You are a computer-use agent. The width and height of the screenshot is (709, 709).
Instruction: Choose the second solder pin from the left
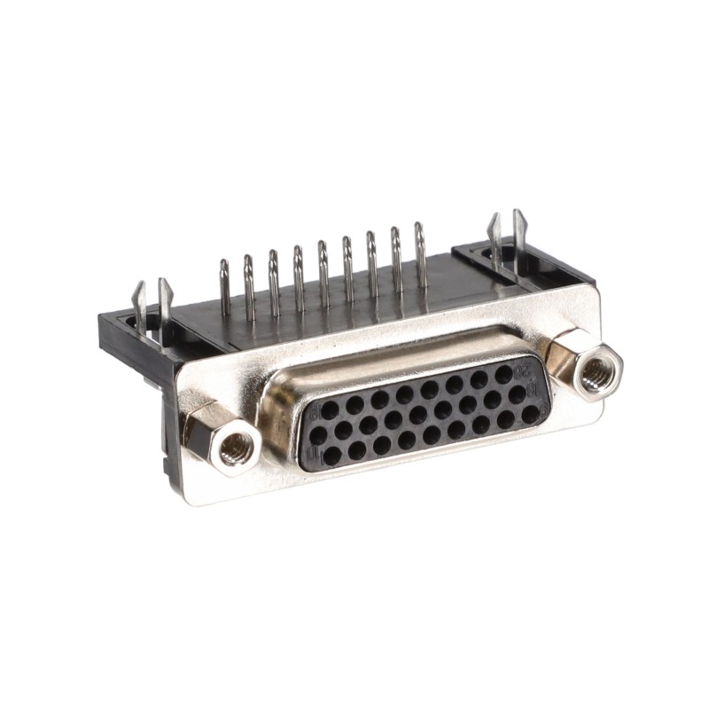pos(250,282)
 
